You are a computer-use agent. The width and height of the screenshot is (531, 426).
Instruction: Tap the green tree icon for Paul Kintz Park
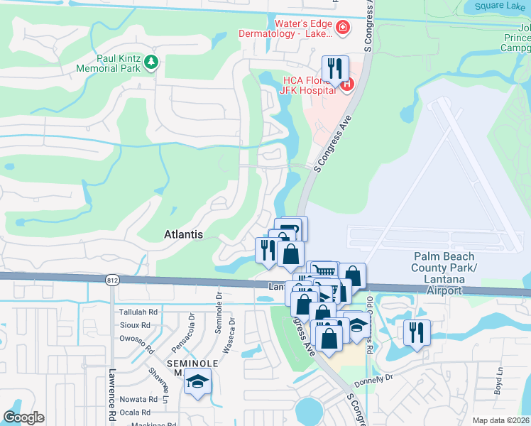pyautogui.click(x=150, y=63)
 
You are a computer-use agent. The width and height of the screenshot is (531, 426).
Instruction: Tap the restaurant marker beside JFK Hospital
pyautogui.click(x=335, y=69)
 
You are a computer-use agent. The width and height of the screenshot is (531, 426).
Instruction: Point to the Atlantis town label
pyautogui.click(x=183, y=234)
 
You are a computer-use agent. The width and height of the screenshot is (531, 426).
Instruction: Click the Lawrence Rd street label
pyautogui.click(x=111, y=394)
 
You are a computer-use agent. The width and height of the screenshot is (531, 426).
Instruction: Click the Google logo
pyautogui.click(x=23, y=417)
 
